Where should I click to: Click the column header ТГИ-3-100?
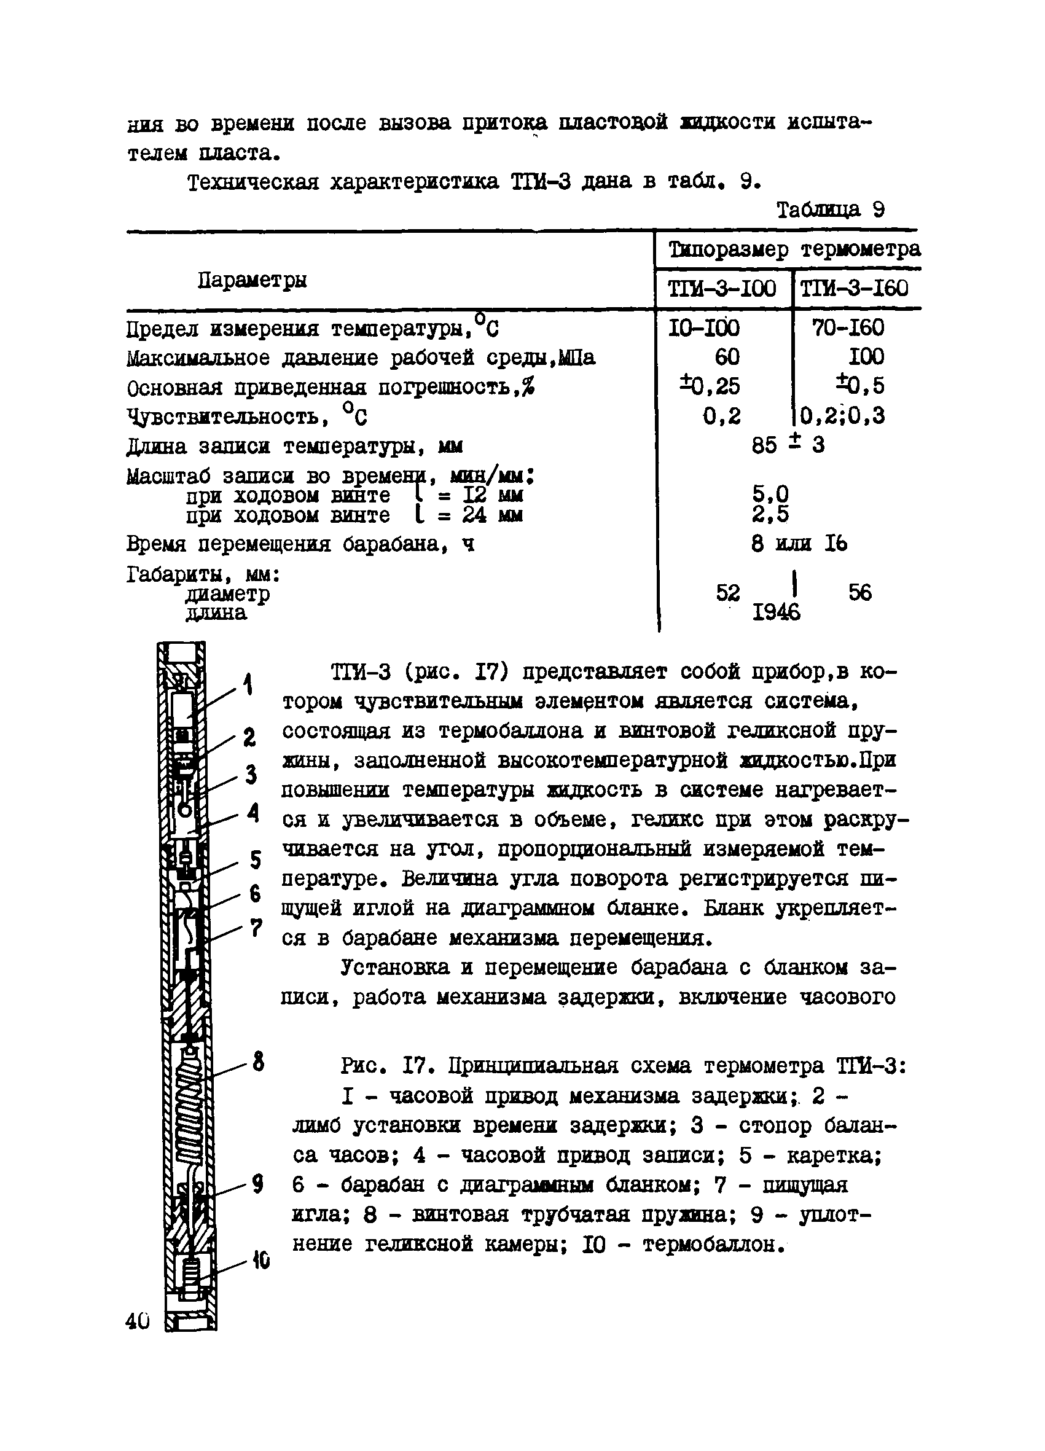[x=721, y=289]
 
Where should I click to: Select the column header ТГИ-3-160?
[x=855, y=289]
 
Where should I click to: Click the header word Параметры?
[x=252, y=280]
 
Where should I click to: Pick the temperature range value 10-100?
[x=704, y=328]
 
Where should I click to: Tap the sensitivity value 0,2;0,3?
[x=842, y=416]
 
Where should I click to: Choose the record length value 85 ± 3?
[x=788, y=445]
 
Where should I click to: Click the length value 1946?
[x=777, y=613]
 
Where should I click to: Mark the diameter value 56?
[x=860, y=592]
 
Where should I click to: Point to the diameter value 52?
[x=727, y=592]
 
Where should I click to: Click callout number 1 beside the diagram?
[x=248, y=685]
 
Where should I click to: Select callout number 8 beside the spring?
[x=257, y=1063]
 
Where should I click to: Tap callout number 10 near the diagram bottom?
[x=260, y=1261]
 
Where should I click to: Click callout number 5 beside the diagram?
[x=256, y=860]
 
